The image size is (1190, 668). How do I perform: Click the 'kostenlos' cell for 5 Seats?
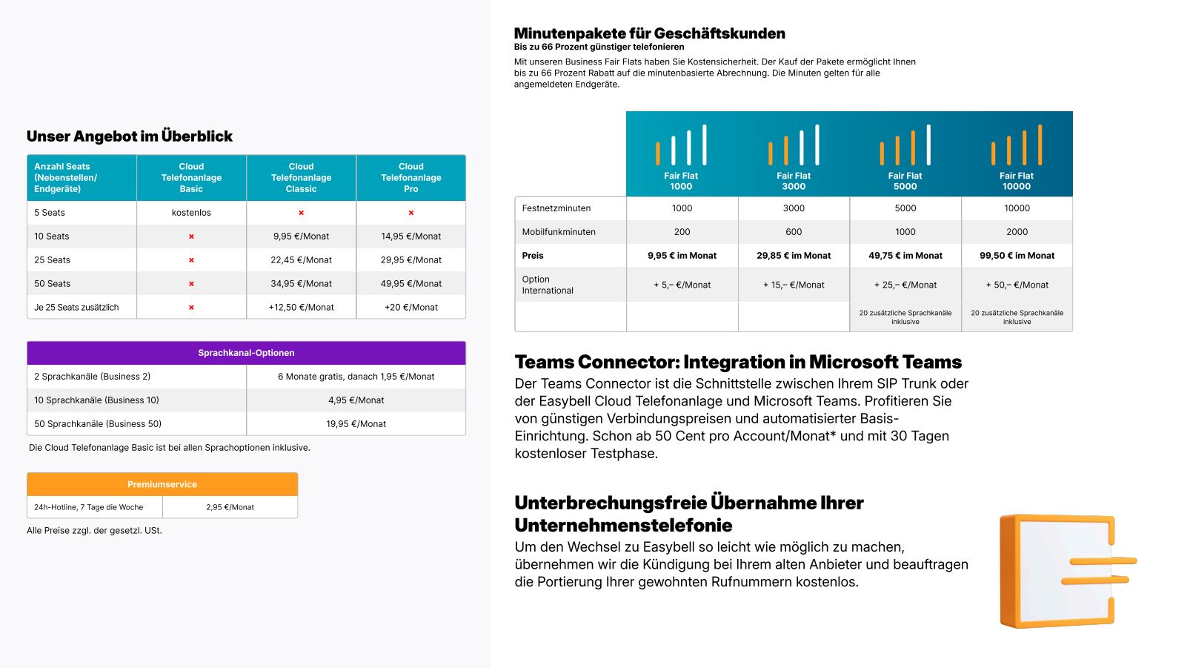[x=191, y=213]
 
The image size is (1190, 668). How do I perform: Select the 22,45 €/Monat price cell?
[x=301, y=260]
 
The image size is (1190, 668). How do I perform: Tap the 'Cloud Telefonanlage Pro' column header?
[x=410, y=178]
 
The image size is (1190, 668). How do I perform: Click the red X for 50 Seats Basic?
[x=191, y=284]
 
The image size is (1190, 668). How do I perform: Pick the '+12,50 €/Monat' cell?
[x=301, y=308]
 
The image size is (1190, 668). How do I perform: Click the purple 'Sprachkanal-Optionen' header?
[x=246, y=353]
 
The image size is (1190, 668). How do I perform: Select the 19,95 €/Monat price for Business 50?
[x=356, y=424]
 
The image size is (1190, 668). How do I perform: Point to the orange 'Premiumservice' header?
[x=162, y=484]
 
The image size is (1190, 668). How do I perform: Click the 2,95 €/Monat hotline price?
[x=230, y=508]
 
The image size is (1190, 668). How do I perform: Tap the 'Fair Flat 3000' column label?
[x=794, y=181]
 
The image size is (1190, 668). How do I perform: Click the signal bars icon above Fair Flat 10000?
[x=1017, y=145]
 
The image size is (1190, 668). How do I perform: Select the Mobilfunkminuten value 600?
[x=794, y=232]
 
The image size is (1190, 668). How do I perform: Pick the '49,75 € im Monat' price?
[x=905, y=256]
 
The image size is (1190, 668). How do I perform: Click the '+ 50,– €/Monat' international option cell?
[x=1017, y=285]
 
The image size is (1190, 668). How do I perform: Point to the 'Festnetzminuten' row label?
[x=556, y=208]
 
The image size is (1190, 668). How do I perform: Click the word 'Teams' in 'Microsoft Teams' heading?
[x=929, y=363]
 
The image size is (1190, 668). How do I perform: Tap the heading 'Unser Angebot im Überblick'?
[x=130, y=136]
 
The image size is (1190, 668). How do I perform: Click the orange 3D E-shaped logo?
[x=1064, y=570]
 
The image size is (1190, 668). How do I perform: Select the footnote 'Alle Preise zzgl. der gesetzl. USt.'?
[x=94, y=531]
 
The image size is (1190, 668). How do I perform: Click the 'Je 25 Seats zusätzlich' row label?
[x=76, y=308]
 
